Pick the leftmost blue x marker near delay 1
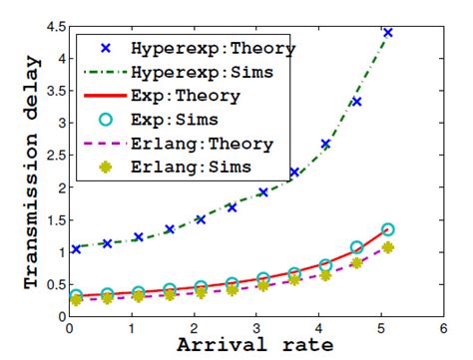point(76,249)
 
